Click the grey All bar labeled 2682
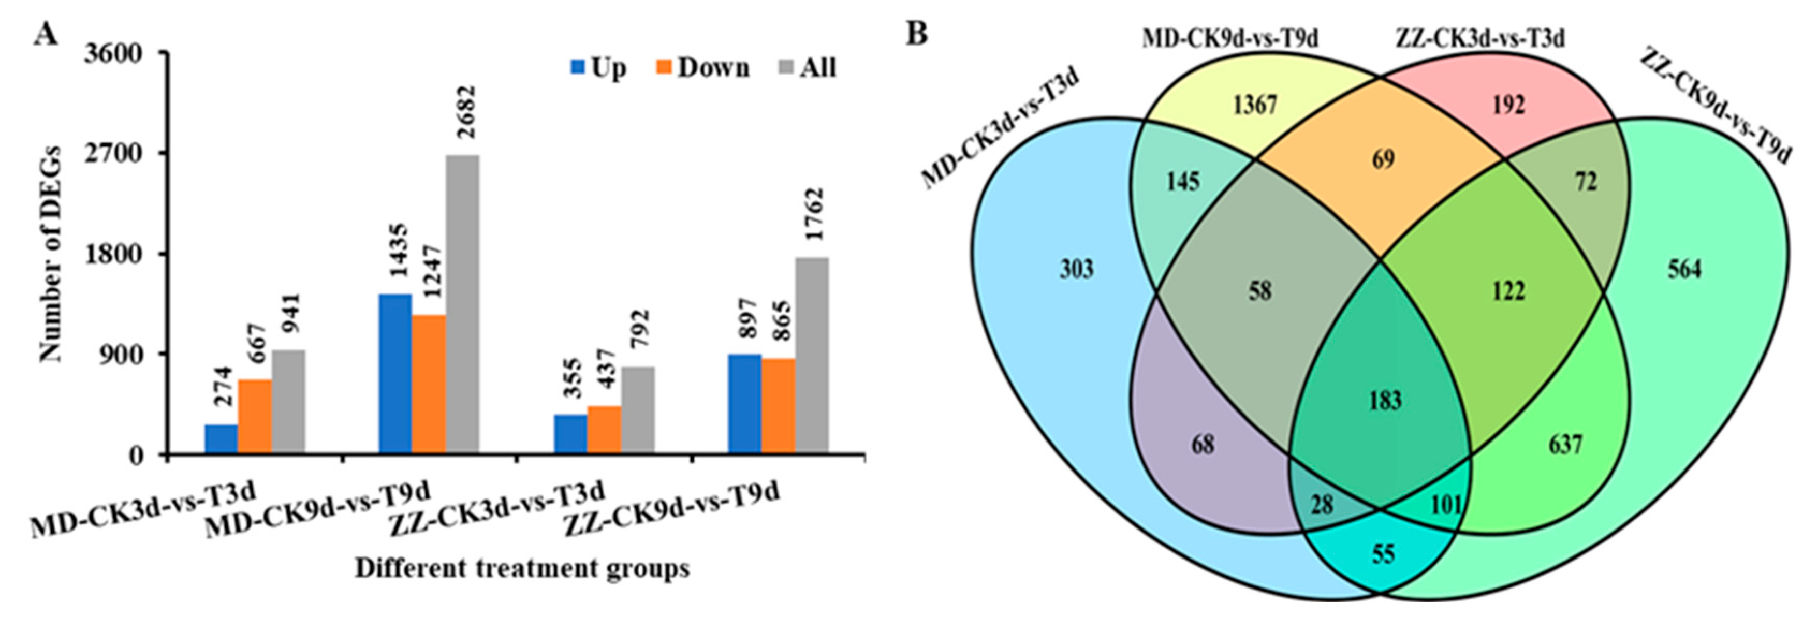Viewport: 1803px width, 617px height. coord(463,304)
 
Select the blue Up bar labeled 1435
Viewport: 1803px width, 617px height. coord(395,374)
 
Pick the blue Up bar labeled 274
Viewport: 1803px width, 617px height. coord(221,438)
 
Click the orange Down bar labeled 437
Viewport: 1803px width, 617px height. coord(604,430)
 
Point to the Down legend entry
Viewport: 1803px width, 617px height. coord(703,68)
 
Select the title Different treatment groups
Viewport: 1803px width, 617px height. coord(522,568)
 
